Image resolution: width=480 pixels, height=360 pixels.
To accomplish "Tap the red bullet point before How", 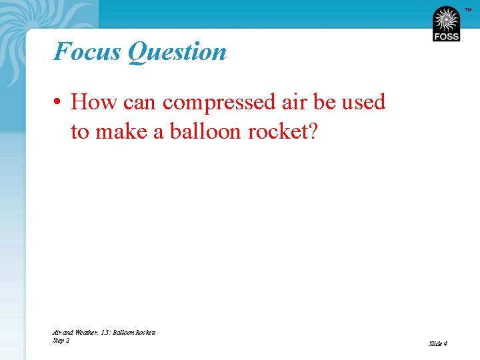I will point(60,103).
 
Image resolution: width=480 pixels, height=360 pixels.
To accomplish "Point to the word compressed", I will point(217,103).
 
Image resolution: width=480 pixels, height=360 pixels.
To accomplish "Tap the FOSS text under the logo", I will point(446,37).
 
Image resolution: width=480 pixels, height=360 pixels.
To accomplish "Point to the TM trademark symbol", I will point(467,9).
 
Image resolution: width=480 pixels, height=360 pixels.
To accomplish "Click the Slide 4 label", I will point(438,343).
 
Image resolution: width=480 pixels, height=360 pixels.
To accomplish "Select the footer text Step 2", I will point(61,340).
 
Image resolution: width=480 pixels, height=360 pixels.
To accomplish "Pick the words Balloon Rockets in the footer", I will point(135,332).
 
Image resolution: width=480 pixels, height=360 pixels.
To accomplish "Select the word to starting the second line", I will point(79,132).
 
